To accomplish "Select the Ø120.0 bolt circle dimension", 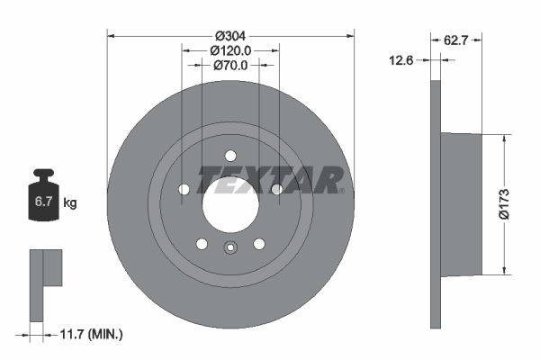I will [229, 51].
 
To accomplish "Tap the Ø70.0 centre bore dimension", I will [229, 65].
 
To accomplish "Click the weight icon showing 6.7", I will [43, 200].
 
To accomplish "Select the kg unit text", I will [70, 203].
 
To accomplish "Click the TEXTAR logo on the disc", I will [269, 180].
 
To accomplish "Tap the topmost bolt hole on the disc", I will [229, 154].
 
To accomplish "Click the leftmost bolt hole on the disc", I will [184, 189].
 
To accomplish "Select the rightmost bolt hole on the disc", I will [276, 189].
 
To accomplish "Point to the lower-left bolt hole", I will [201, 244].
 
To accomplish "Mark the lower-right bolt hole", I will [258, 244].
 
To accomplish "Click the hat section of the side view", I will [463, 204].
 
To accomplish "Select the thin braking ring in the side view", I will [436, 204].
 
